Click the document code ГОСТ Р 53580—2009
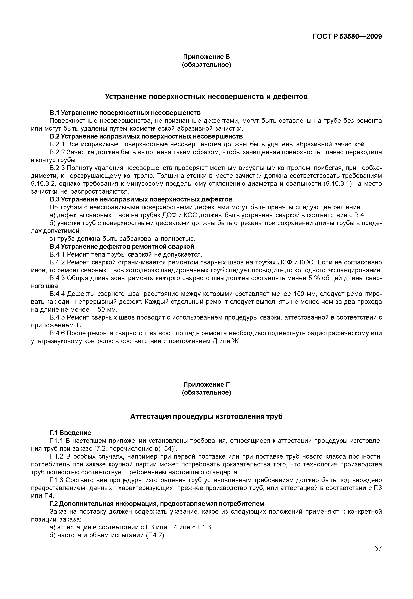pyautogui.click(x=347, y=37)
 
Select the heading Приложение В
pyautogui.click(x=206, y=56)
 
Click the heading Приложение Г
pyautogui.click(x=206, y=384)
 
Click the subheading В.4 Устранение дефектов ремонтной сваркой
pyautogui.click(x=122, y=246)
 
